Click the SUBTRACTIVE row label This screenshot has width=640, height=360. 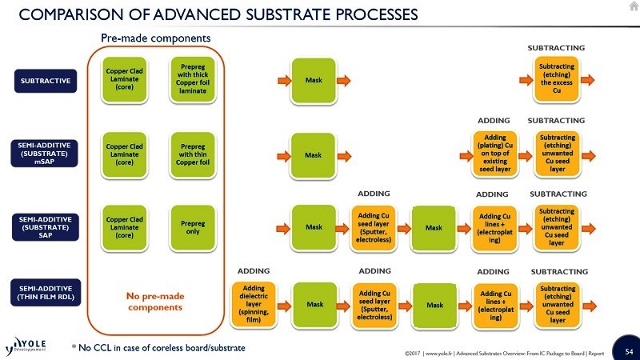pyautogui.click(x=46, y=81)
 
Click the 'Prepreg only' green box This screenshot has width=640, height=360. pyautogui.click(x=188, y=225)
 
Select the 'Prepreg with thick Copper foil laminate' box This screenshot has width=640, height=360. pyautogui.click(x=188, y=78)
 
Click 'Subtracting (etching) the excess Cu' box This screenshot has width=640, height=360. pyautogui.click(x=556, y=79)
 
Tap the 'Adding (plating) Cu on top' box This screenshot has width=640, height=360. pyautogui.click(x=494, y=152)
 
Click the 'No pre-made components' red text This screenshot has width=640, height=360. pyautogui.click(x=155, y=302)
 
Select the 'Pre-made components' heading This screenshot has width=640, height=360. pyautogui.click(x=155, y=38)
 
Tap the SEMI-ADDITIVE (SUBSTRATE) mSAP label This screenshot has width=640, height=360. pyautogui.click(x=46, y=152)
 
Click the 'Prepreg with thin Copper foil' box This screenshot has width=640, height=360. pyautogui.click(x=188, y=152)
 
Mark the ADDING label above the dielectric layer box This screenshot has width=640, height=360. pyautogui.click(x=254, y=271)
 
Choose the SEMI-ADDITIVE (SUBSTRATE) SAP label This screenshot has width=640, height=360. pyautogui.click(x=46, y=226)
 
